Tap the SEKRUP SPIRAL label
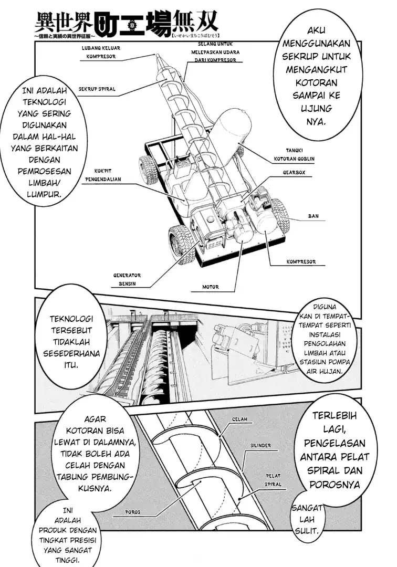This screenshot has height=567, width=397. point(97,89)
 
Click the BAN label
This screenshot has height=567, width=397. point(313,216)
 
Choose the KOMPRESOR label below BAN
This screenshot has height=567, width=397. point(301,260)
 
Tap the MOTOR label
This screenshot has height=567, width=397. point(211,287)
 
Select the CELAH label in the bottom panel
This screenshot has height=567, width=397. point(238,420)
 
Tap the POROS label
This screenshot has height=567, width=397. point(132,512)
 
